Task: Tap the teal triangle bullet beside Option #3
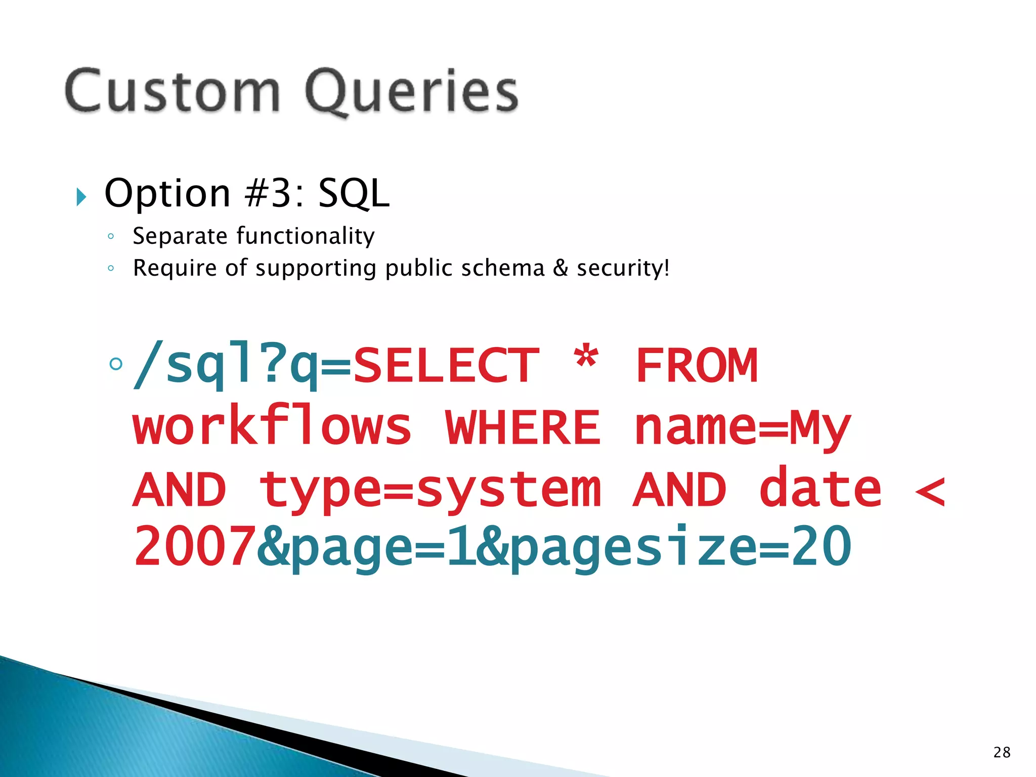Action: [81, 197]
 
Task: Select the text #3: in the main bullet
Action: [274, 194]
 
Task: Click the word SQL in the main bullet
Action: [354, 194]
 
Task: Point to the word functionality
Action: [306, 236]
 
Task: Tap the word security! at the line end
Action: [623, 268]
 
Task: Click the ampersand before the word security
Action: [560, 268]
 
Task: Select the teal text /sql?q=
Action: [242, 366]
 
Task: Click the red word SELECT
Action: [446, 366]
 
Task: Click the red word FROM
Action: [697, 366]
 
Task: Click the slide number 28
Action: [1002, 752]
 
